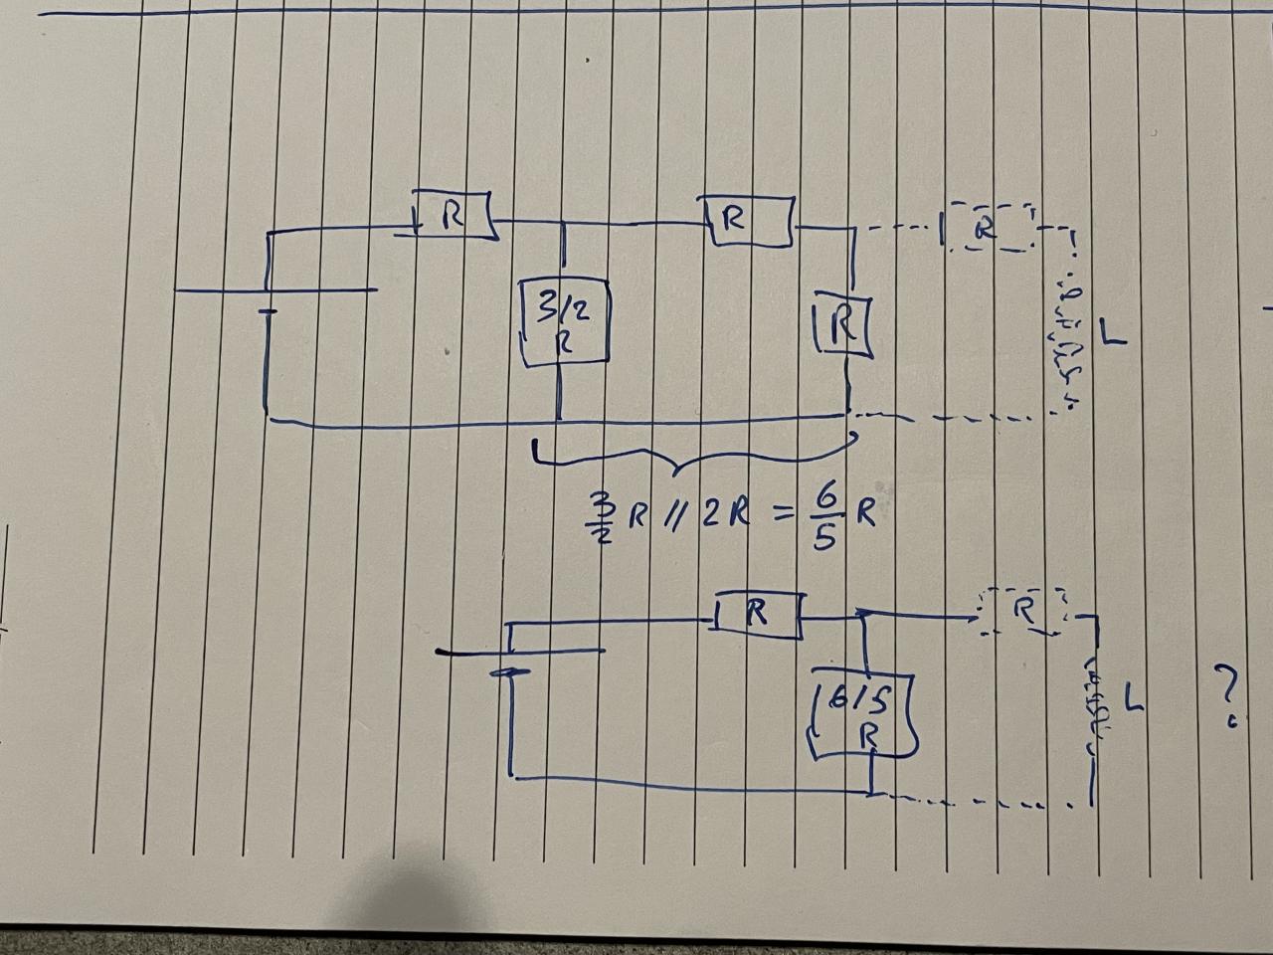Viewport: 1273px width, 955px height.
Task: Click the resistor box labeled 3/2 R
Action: [563, 324]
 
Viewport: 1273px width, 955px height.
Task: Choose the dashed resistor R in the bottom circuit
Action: [1021, 611]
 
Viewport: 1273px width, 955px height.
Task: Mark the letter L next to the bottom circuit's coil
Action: [1132, 699]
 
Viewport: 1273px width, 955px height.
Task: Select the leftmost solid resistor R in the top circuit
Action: [454, 216]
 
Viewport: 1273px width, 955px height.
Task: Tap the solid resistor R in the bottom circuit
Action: [757, 615]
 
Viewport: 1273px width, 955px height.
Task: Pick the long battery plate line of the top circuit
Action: [275, 290]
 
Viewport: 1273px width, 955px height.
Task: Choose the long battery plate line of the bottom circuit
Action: [520, 653]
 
